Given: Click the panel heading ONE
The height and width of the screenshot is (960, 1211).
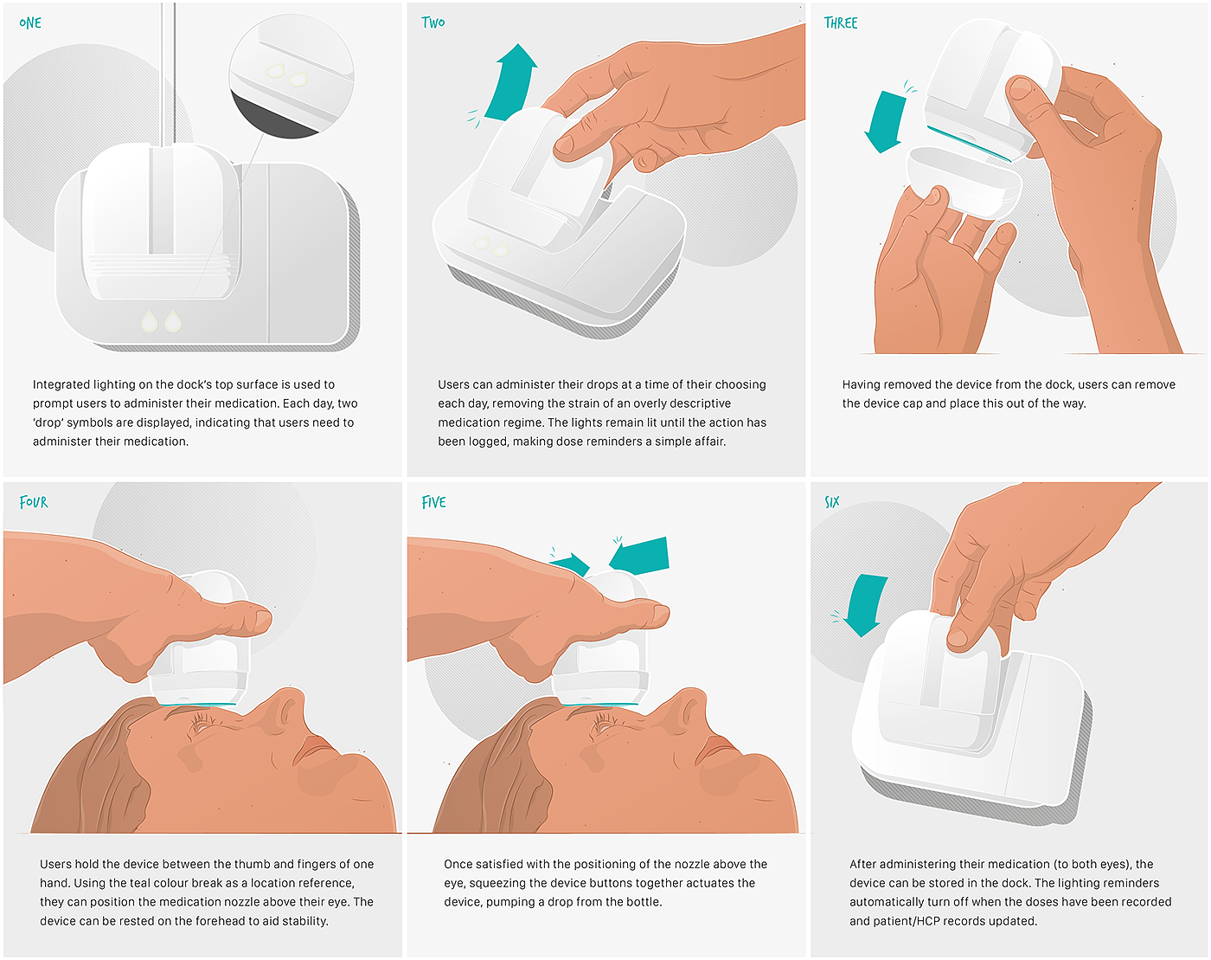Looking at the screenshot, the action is [30, 23].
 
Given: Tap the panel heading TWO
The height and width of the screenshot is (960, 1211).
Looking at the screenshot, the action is [432, 23].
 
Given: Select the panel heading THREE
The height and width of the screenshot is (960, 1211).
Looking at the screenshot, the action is [841, 23].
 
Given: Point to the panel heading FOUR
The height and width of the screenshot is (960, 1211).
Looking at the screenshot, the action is [34, 502].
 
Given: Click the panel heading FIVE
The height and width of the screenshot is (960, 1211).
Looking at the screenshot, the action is [433, 502].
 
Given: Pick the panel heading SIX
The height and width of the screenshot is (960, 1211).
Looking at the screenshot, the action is [832, 502].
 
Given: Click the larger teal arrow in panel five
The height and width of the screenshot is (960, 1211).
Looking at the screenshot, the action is [640, 555].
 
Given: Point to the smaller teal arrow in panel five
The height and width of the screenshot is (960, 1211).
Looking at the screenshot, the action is [571, 564].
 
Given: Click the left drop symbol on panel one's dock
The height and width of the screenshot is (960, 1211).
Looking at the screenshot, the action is [149, 321].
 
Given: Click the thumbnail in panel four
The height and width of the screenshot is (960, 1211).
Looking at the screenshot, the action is [263, 620].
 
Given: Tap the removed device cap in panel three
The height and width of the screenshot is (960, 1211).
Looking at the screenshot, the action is [964, 180].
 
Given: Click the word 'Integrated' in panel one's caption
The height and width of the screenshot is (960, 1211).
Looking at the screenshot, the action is [61, 385].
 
